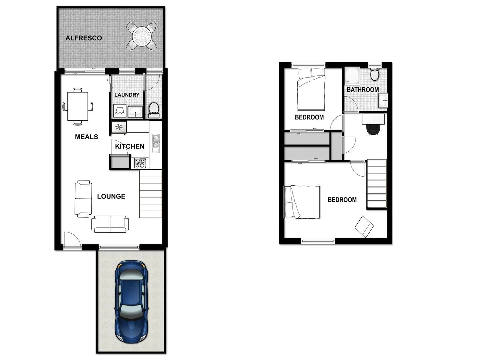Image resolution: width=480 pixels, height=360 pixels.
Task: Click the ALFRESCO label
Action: click(x=83, y=38)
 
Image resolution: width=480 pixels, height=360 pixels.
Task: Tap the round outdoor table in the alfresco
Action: click(x=142, y=36)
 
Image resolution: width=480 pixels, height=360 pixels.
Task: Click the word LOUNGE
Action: click(x=111, y=196)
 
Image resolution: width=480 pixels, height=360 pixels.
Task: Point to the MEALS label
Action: click(x=86, y=137)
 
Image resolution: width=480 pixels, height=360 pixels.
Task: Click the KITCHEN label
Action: click(x=130, y=146)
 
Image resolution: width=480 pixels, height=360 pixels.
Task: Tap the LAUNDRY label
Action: click(x=127, y=95)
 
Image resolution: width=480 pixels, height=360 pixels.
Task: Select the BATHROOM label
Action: click(x=363, y=90)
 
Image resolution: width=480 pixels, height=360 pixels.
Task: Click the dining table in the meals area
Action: click(x=78, y=106)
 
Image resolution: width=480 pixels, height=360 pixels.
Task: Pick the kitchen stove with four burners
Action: click(x=140, y=163)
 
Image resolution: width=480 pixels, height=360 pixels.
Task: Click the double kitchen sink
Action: click(x=156, y=141)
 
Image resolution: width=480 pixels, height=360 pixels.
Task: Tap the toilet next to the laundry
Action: click(x=154, y=109)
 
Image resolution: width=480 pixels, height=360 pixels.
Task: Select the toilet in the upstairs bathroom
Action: click(x=375, y=75)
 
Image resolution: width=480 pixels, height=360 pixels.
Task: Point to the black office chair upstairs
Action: click(x=373, y=129)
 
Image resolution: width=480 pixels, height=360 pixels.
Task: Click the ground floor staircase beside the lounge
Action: click(x=151, y=194)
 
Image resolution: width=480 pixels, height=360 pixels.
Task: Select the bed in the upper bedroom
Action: click(x=311, y=89)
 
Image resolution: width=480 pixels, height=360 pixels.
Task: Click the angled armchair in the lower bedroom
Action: click(x=364, y=227)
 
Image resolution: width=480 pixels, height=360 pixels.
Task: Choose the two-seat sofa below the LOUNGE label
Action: click(x=110, y=224)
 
